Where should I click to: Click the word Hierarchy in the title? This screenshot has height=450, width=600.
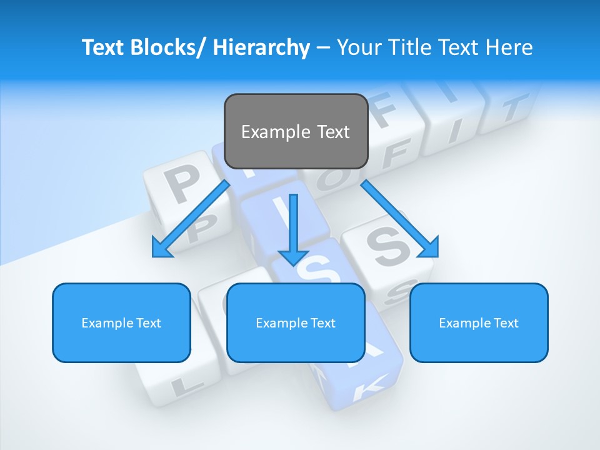tap(261, 47)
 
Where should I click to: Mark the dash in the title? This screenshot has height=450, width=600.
tap(323, 48)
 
